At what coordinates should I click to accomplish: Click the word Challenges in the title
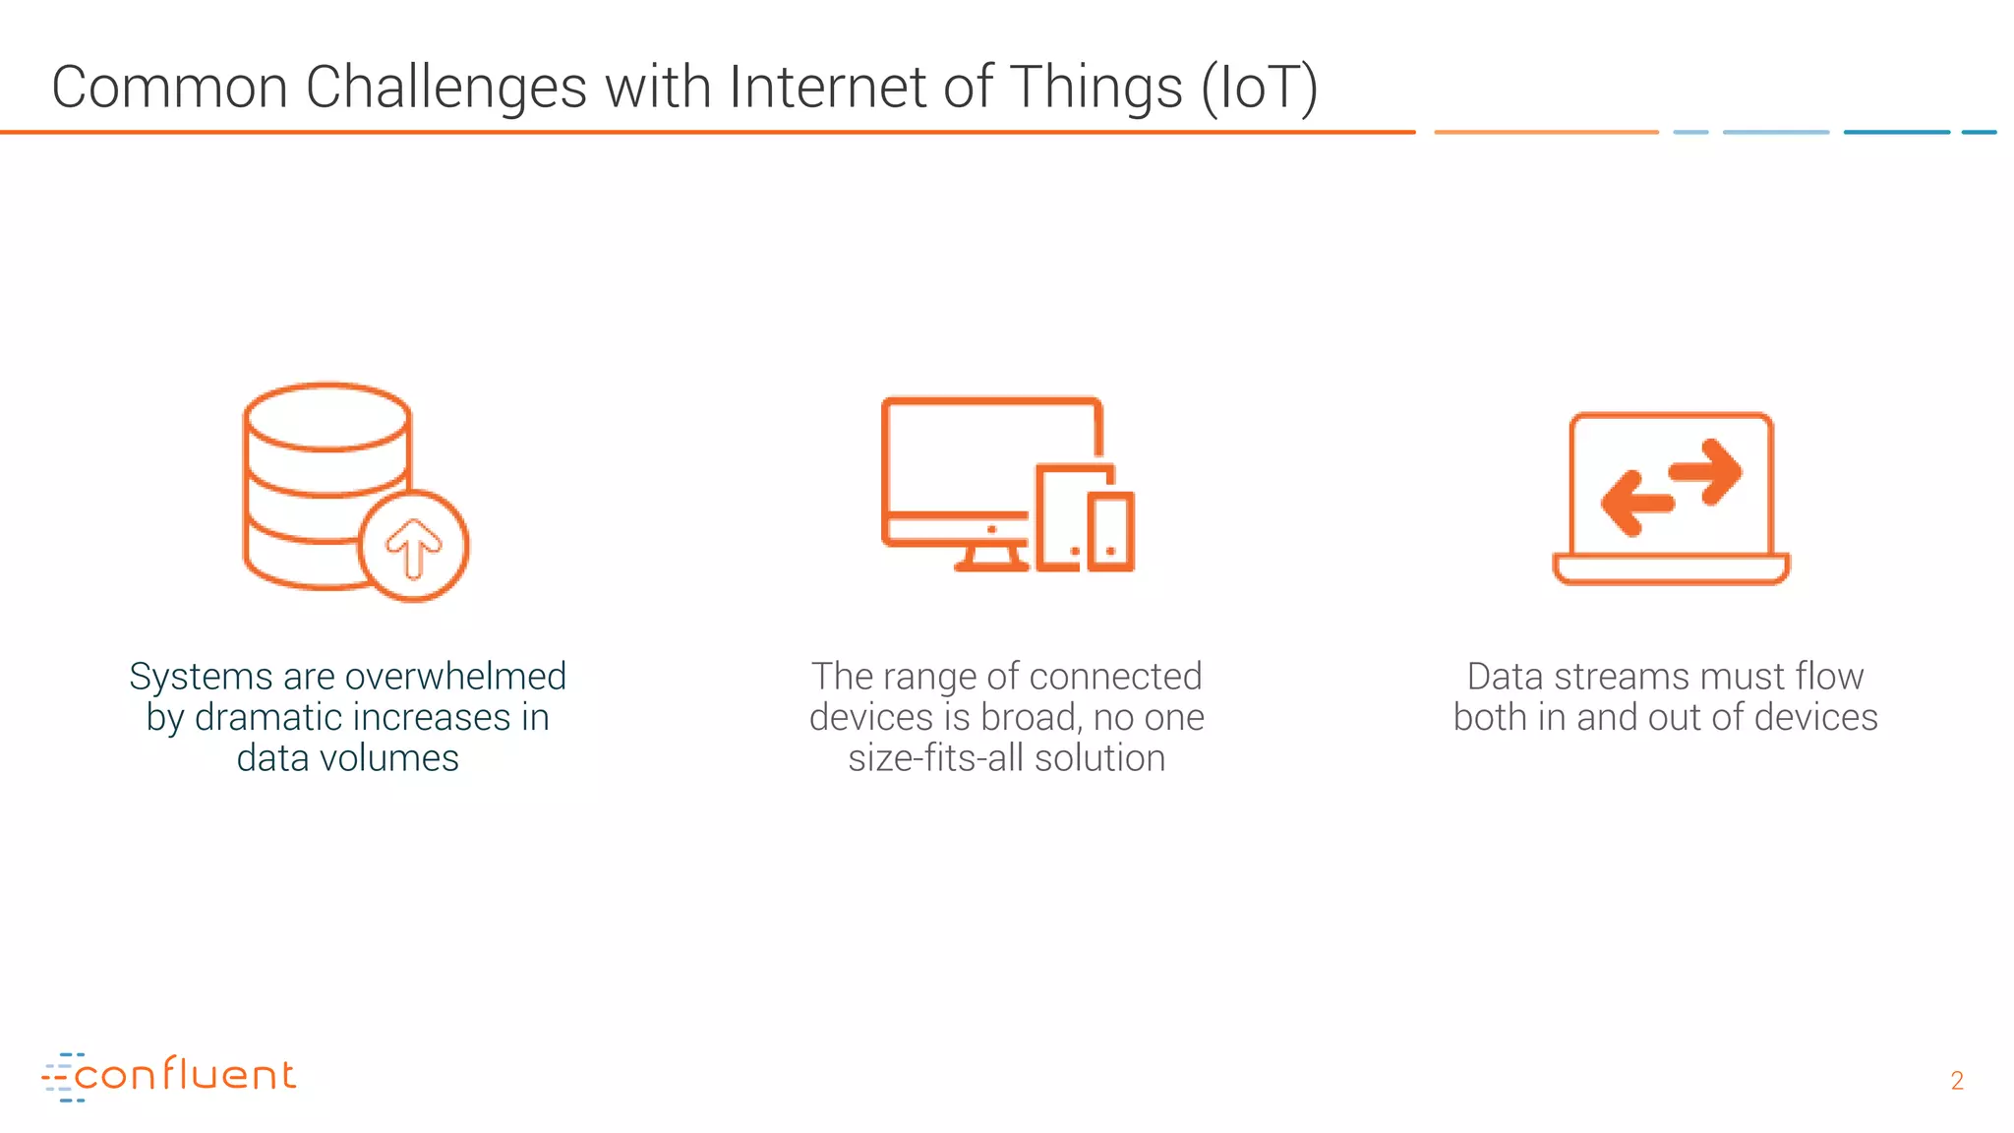pos(446,88)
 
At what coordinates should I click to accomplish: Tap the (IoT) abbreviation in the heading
pos(1260,88)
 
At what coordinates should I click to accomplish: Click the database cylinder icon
pos(315,472)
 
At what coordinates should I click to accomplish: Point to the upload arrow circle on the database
pos(414,546)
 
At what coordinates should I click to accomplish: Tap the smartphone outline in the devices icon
pos(1111,530)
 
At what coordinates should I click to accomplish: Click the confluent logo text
pos(184,1075)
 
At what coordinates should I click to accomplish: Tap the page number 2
pos(1957,1081)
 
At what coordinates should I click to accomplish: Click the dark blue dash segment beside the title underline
pos(1896,132)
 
